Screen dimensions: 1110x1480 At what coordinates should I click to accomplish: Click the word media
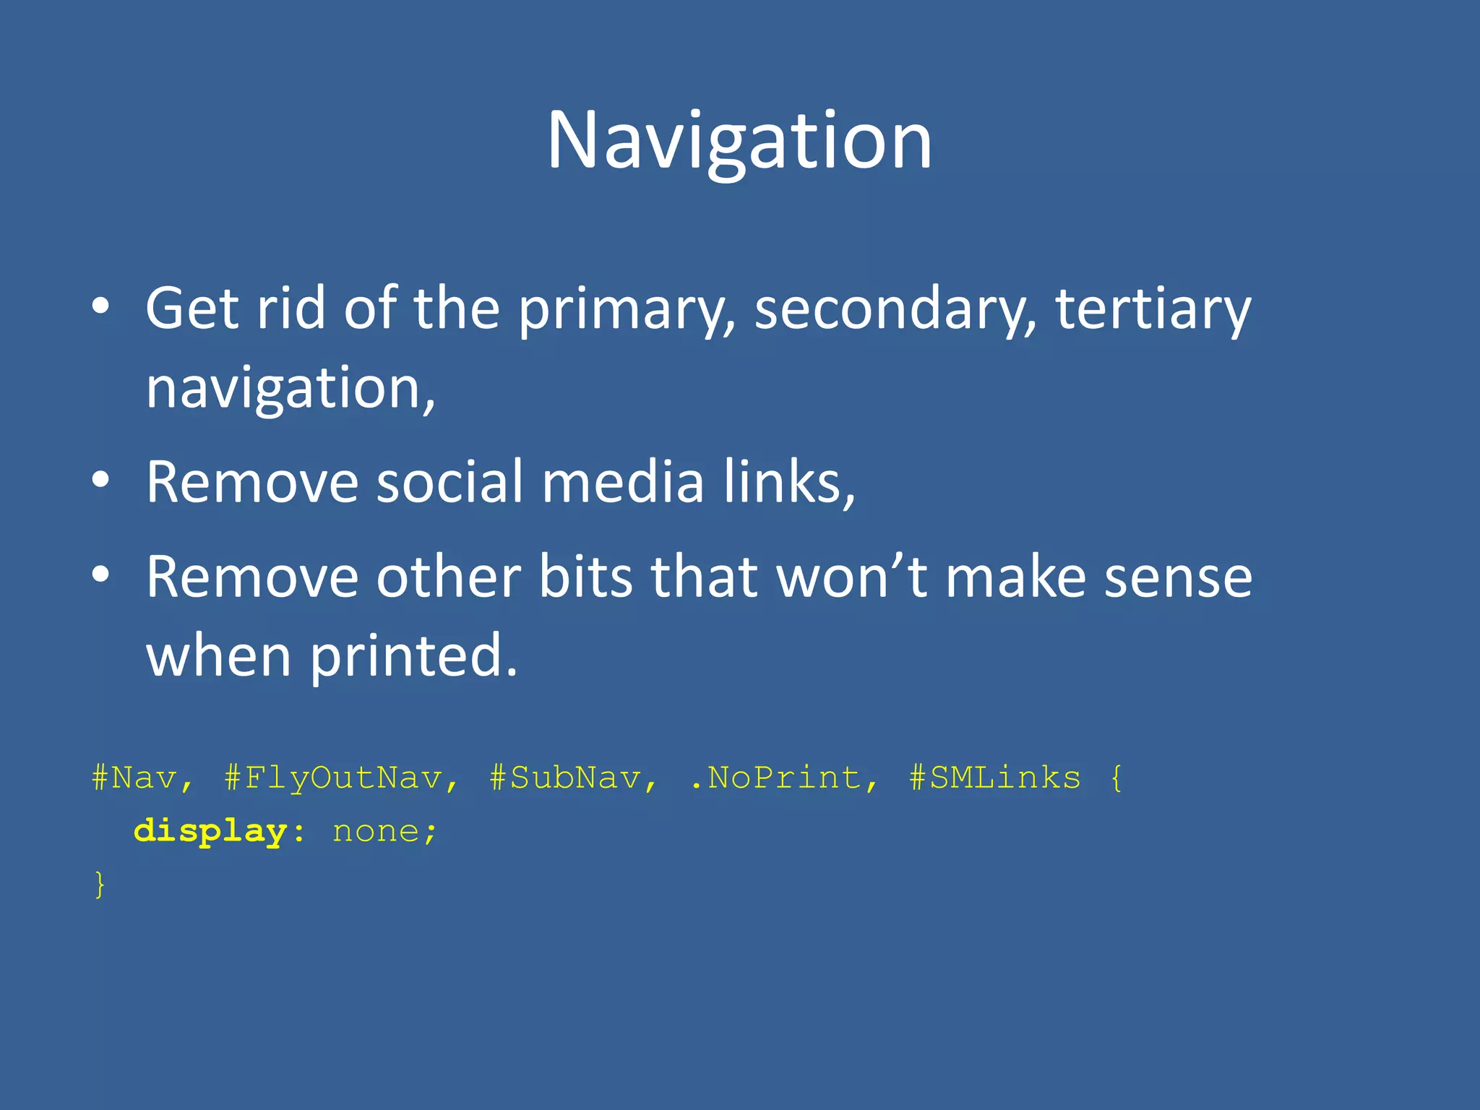click(622, 483)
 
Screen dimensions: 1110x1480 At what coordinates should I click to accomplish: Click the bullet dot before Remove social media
click(101, 480)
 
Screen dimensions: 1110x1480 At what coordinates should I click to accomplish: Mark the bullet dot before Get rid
click(101, 306)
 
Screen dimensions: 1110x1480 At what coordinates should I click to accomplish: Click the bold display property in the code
click(211, 832)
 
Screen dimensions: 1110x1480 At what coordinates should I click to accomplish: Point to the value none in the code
click(376, 832)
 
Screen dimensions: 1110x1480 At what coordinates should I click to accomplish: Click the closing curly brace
click(100, 885)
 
